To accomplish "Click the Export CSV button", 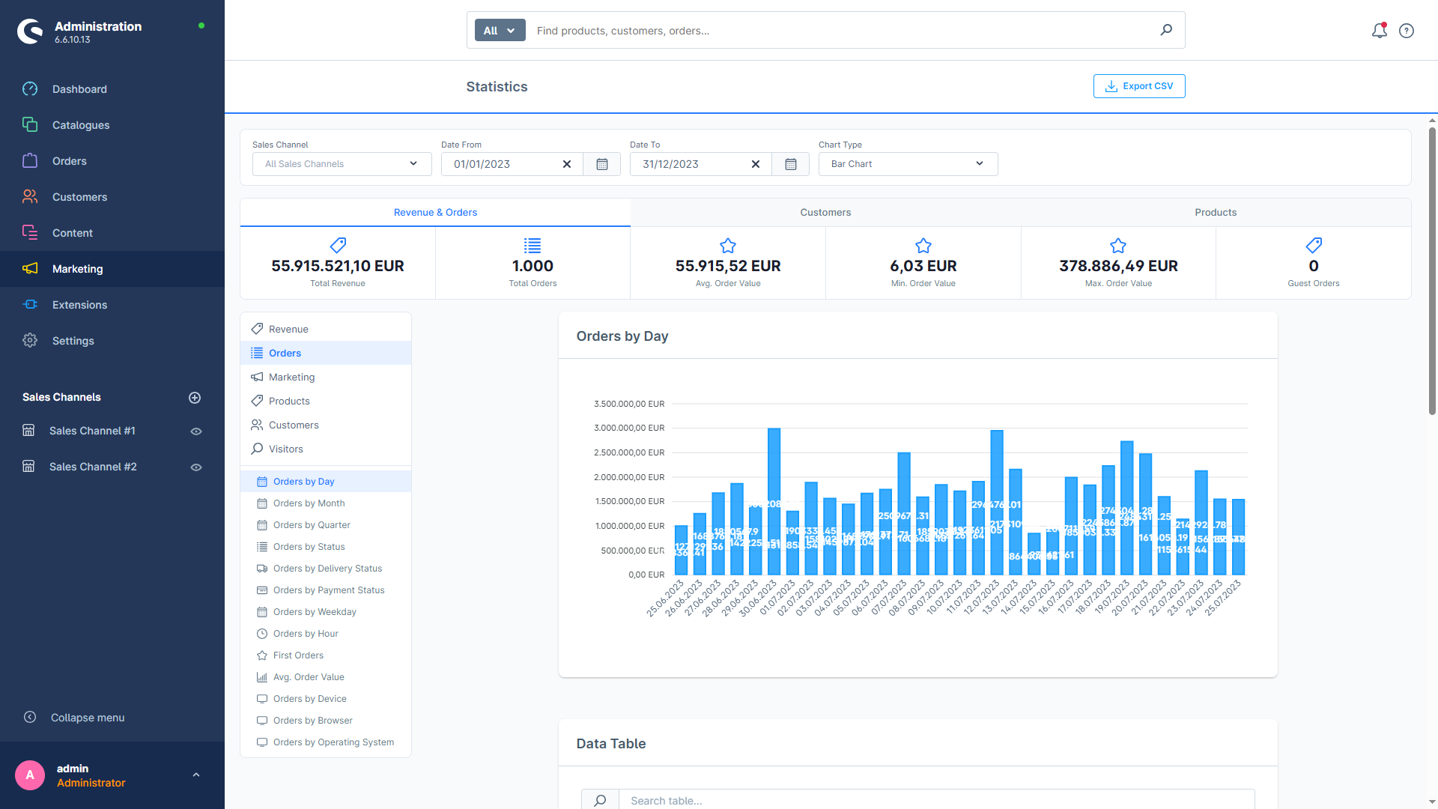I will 1138,86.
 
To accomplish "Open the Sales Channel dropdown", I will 342,164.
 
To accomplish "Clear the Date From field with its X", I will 567,164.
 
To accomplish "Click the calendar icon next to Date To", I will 790,164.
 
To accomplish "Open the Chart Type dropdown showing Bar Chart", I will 908,164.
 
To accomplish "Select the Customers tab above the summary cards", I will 825,213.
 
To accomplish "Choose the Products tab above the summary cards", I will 1215,213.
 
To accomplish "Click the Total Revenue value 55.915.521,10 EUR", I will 337,266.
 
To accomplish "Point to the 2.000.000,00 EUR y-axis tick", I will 628,477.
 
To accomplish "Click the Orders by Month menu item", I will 309,503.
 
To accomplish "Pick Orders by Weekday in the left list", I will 314,612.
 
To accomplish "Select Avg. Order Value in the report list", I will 308,677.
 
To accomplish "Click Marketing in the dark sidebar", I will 78,269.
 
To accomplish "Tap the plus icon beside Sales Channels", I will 195,398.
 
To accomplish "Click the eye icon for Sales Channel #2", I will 196,467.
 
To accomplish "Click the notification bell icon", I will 1379,31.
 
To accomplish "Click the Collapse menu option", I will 87,718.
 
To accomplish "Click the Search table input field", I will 936,800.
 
